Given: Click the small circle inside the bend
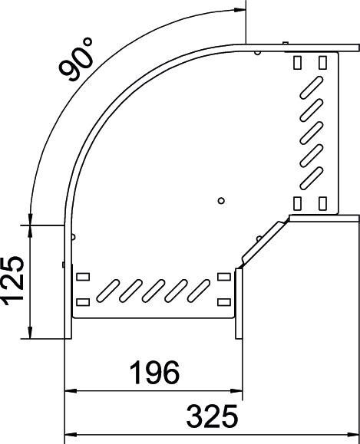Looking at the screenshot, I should pyautogui.click(x=221, y=201).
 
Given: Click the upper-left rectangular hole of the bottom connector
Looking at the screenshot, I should pyautogui.click(x=83, y=276).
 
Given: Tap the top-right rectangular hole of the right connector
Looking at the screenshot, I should pyautogui.click(x=323, y=61).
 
